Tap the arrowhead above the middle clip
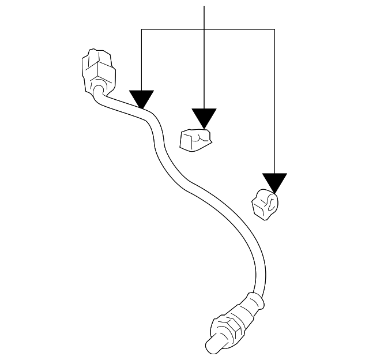click(x=205, y=117)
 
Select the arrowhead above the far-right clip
click(x=274, y=182)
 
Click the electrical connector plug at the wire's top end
click(x=99, y=69)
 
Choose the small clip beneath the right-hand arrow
click(x=266, y=204)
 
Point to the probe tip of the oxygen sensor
click(x=214, y=344)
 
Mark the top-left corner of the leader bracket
click(x=142, y=30)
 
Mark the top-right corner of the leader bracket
click(x=274, y=30)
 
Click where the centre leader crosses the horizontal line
click(x=205, y=30)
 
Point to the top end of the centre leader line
click(x=205, y=6)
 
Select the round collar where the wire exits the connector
click(x=100, y=89)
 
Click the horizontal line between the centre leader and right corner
click(x=239, y=30)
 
